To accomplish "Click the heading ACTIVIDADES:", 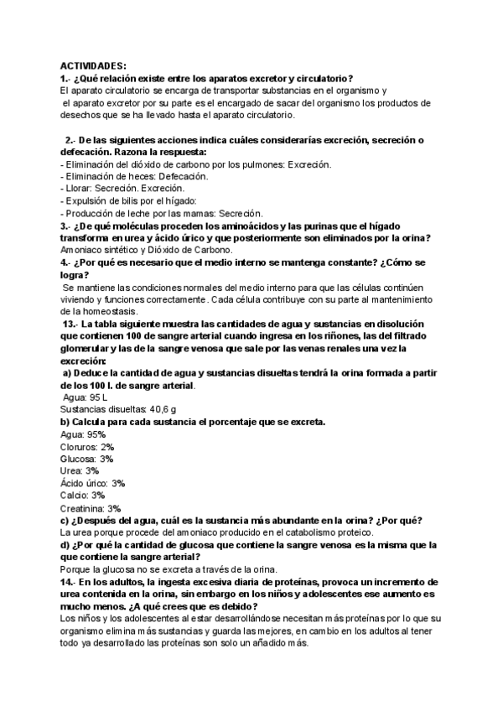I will [93, 65].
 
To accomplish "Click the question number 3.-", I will [65, 226].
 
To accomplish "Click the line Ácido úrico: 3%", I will [92, 483].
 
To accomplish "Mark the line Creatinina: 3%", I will [91, 507].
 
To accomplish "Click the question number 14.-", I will [68, 581].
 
